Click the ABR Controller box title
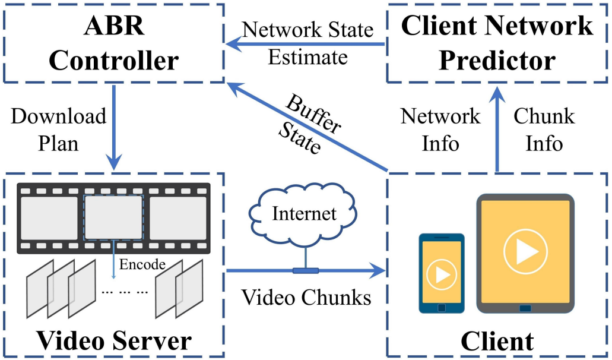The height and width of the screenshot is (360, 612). coord(113,43)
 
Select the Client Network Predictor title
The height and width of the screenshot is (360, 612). coord(497,43)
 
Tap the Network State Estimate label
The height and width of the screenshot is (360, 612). coord(307,43)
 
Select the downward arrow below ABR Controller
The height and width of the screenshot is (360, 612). coord(113,128)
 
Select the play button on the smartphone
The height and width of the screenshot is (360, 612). coord(441,274)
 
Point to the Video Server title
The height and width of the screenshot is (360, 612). coord(114,340)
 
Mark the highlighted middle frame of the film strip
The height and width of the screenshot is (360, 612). coord(113,216)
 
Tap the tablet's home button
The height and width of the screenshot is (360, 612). coord(525,308)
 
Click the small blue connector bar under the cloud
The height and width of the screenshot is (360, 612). coord(305,271)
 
